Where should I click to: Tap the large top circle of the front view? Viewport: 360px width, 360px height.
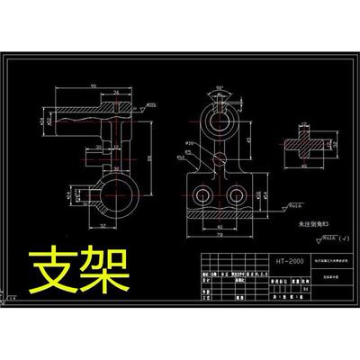click(x=216, y=118)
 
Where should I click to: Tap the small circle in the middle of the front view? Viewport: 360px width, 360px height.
click(x=220, y=157)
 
